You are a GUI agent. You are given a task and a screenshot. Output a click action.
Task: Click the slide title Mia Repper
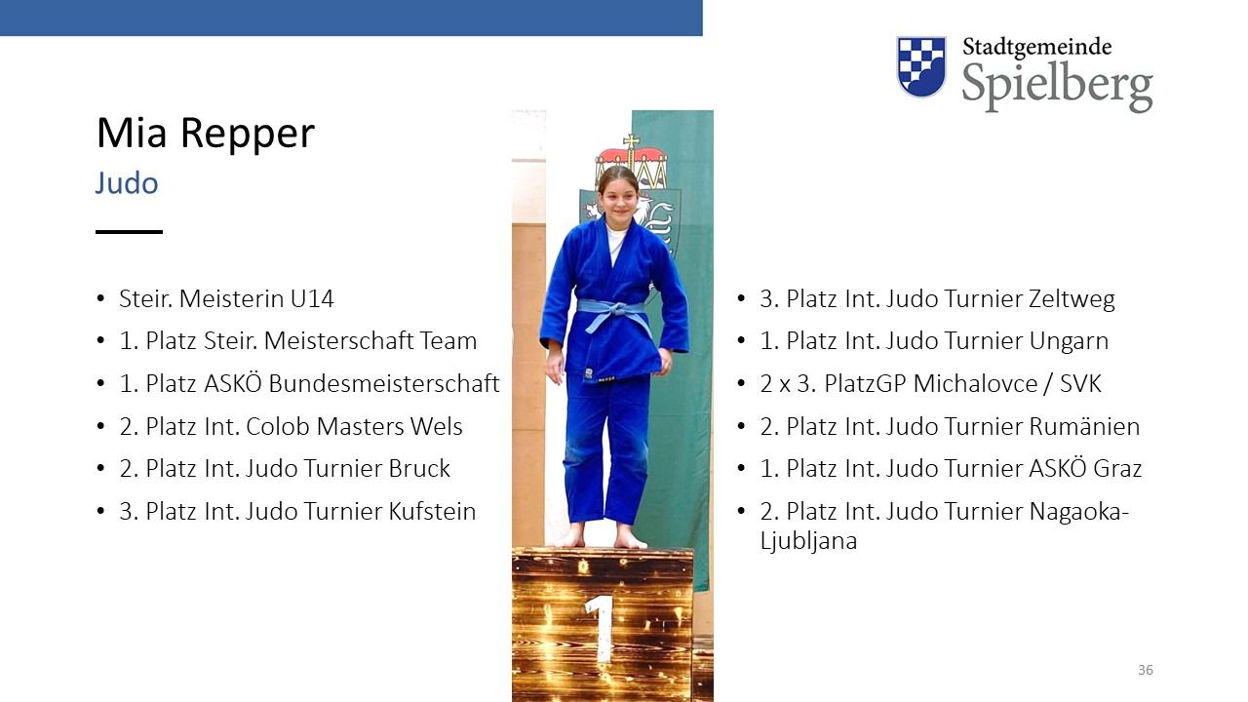[205, 135]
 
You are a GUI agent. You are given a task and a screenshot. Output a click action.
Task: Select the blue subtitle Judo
[127, 182]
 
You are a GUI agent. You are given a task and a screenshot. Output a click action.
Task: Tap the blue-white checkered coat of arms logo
[921, 66]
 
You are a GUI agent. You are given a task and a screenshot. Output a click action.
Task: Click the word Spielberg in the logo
[1057, 87]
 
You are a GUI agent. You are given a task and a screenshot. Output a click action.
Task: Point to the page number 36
[1146, 670]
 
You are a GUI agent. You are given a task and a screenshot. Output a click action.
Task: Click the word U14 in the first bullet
[312, 299]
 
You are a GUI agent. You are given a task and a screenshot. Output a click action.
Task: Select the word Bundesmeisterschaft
[384, 384]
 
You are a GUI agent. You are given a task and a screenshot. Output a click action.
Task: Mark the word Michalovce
[976, 384]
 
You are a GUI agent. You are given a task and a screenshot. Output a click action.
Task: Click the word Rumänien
[1084, 427]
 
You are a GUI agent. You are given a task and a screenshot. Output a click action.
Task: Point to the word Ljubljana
[808, 541]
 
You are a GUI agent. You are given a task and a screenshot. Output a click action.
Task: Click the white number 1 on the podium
[601, 629]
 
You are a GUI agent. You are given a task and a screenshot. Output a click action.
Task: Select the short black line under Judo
[129, 232]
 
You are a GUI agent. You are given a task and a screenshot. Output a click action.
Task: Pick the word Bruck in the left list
[419, 469]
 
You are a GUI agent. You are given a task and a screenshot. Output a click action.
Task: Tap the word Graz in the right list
[1117, 469]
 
